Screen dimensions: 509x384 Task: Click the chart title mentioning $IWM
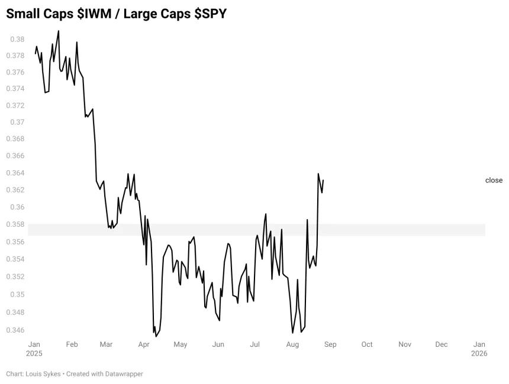pyautogui.click(x=116, y=14)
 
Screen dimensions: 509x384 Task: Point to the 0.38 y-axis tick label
pyautogui.click(x=17, y=39)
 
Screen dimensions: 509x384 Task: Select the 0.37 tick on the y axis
pyautogui.click(x=17, y=122)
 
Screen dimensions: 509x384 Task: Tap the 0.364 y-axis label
pyautogui.click(x=15, y=173)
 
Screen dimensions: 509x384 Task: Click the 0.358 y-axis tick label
pyautogui.click(x=15, y=224)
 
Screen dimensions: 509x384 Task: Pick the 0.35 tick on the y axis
pyautogui.click(x=17, y=295)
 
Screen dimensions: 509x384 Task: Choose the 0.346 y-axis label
pyautogui.click(x=15, y=330)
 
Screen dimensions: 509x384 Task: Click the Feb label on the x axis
pyautogui.click(x=72, y=344)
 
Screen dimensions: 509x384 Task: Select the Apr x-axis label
pyautogui.click(x=144, y=344)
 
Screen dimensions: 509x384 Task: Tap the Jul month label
pyautogui.click(x=255, y=344)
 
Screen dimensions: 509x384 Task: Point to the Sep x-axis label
pyautogui.click(x=330, y=344)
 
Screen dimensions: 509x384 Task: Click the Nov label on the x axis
pyautogui.click(x=405, y=344)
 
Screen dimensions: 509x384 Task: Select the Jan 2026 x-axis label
pyautogui.click(x=479, y=349)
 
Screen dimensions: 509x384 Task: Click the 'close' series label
pyautogui.click(x=494, y=180)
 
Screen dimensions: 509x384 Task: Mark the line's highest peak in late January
pyautogui.click(x=59, y=31)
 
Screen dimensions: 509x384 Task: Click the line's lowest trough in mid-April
pyautogui.click(x=156, y=336)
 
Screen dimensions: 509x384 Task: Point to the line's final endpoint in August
pyautogui.click(x=323, y=180)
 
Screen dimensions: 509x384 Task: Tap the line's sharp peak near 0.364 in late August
pyautogui.click(x=318, y=174)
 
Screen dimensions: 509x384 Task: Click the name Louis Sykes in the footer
pyautogui.click(x=43, y=373)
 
